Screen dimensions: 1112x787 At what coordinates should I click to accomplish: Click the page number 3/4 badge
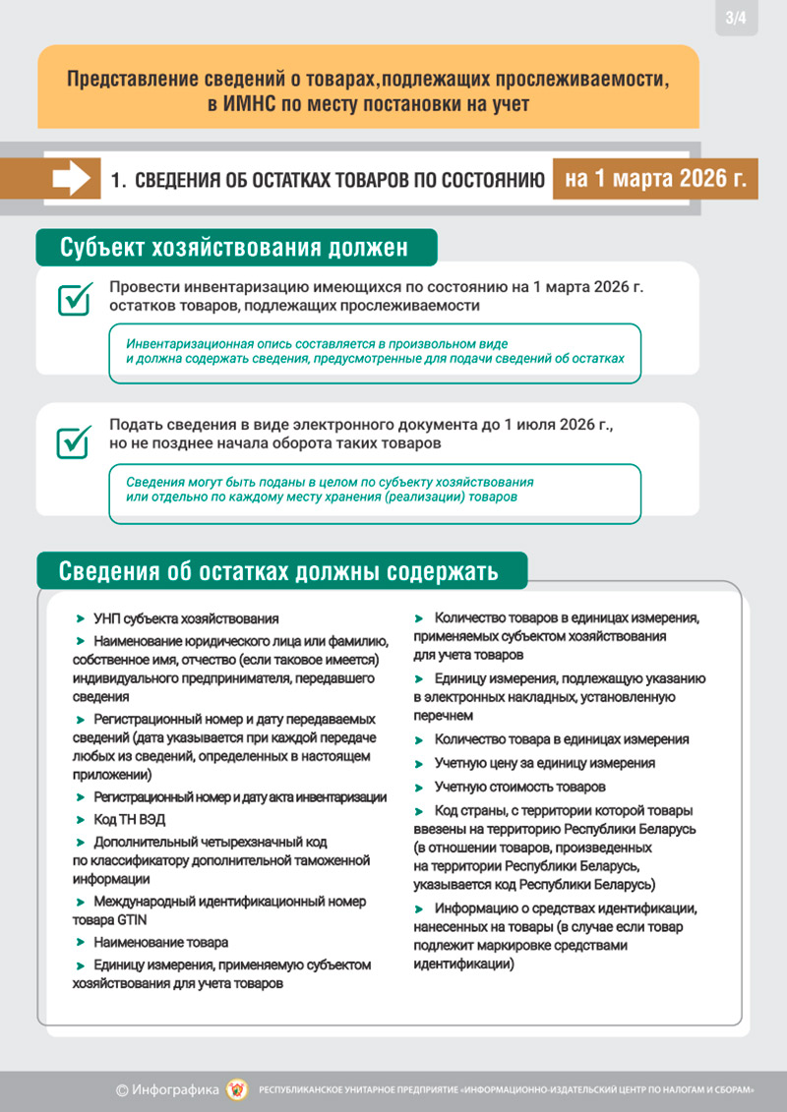pyautogui.click(x=735, y=18)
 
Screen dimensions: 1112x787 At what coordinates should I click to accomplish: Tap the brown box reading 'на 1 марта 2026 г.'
pyautogui.click(x=655, y=179)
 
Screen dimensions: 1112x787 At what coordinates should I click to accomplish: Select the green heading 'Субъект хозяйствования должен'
pyautogui.click(x=235, y=247)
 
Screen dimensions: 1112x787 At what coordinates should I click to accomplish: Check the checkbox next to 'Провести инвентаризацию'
pyautogui.click(x=75, y=299)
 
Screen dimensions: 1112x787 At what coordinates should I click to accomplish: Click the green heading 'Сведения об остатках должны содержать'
pyautogui.click(x=279, y=571)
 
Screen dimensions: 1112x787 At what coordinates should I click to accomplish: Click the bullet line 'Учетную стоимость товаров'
pyautogui.click(x=520, y=787)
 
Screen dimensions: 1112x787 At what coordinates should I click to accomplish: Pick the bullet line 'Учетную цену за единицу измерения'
pyautogui.click(x=544, y=763)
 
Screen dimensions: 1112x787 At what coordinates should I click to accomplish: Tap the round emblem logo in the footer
pyautogui.click(x=237, y=1089)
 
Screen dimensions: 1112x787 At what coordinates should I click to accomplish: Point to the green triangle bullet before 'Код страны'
pyautogui.click(x=419, y=811)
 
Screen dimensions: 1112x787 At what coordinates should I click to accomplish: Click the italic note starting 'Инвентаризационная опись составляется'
pyautogui.click(x=374, y=352)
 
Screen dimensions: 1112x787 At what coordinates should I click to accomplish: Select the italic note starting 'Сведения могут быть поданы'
pyautogui.click(x=330, y=490)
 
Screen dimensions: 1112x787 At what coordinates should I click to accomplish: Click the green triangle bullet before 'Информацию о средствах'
pyautogui.click(x=419, y=907)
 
